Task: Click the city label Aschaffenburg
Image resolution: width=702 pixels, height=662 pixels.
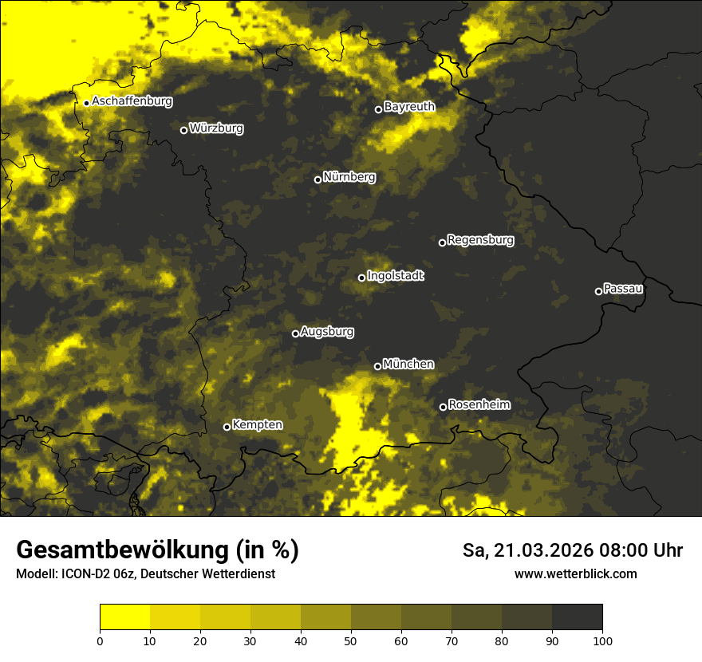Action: coord(132,101)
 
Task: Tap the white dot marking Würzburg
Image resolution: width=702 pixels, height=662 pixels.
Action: coord(183,130)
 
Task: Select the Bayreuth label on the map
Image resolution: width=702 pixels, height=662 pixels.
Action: coord(409,106)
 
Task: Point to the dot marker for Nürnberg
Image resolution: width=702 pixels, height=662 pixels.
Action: coord(317,179)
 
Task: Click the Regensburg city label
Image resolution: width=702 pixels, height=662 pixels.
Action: coord(480,239)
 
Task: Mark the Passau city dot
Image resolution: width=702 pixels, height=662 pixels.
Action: coord(598,291)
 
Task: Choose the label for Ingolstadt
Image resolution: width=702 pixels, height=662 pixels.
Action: coord(396,275)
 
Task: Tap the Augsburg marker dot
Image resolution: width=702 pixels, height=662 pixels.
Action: coord(295,333)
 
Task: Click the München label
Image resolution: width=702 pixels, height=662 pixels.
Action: coord(408,364)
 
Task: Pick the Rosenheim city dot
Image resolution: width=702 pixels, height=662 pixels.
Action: coord(443,408)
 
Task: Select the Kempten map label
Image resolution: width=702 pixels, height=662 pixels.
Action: coord(257,424)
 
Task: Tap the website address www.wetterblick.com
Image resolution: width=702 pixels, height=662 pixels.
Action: coord(575,573)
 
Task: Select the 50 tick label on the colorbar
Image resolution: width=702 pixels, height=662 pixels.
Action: coord(351,640)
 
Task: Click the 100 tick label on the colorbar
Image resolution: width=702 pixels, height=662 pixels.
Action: coord(602,640)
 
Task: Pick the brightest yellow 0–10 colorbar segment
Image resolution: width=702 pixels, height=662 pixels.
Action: coord(124,617)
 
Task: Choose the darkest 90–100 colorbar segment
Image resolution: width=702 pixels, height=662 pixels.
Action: coord(577,617)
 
